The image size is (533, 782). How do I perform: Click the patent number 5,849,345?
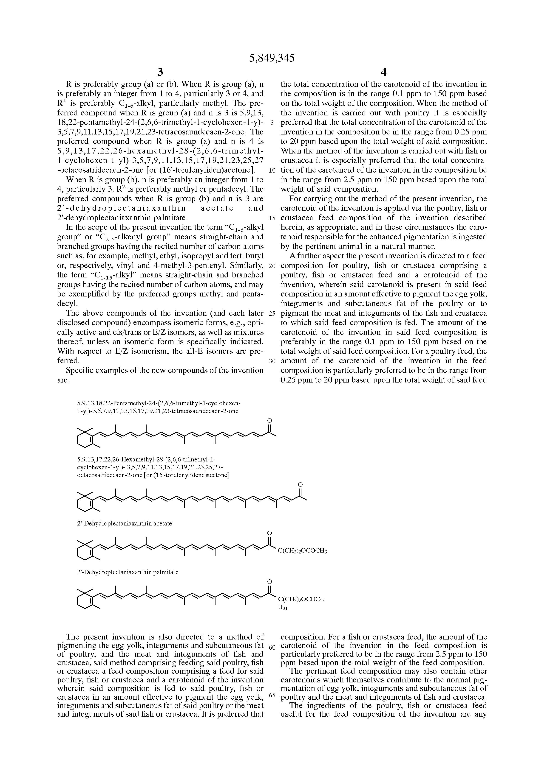tap(272, 58)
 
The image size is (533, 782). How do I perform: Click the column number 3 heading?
tap(160, 72)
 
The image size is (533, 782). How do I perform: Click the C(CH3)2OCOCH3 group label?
tap(302, 551)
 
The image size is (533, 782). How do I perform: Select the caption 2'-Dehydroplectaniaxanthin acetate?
tap(124, 524)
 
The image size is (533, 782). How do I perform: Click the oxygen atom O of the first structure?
tap(269, 421)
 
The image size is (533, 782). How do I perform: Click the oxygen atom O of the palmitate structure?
tap(269, 581)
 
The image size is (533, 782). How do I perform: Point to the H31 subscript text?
tap(283, 608)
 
